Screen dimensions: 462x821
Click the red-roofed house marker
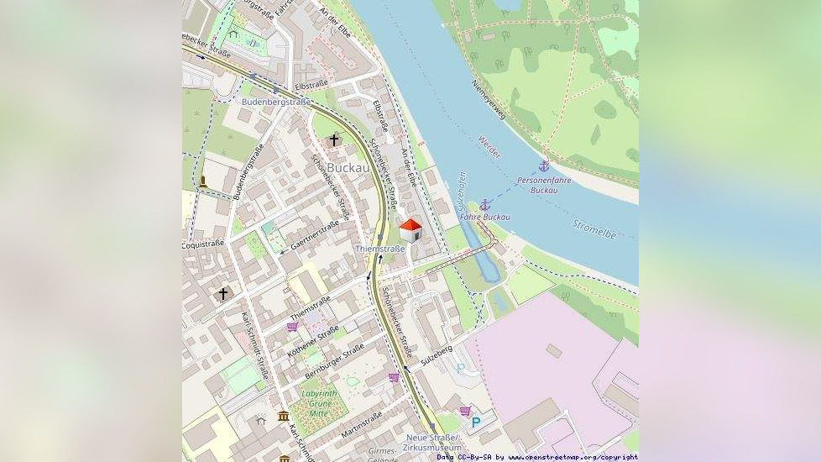point(410,229)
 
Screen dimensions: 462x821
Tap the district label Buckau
point(348,168)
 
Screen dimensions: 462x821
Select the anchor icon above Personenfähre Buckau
point(544,166)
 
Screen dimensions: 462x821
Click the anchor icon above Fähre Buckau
point(484,204)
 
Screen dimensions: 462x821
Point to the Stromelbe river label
point(594,228)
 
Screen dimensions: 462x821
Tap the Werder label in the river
point(489,147)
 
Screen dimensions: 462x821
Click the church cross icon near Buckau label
point(334,139)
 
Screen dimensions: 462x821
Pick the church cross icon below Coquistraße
point(222,293)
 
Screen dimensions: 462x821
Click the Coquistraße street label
point(203,244)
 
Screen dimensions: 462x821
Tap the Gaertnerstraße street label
point(315,235)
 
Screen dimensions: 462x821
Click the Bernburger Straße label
point(334,359)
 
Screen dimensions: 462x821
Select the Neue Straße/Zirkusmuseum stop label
point(432,443)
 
